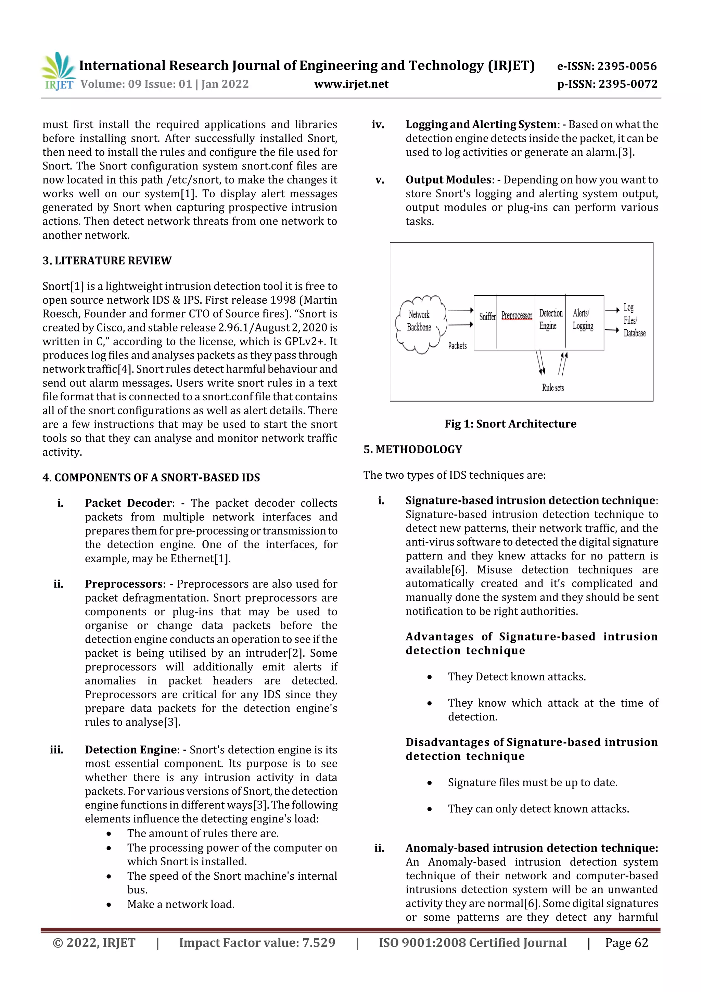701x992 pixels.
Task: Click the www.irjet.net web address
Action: coord(351,84)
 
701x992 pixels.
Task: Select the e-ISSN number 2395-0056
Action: coord(607,66)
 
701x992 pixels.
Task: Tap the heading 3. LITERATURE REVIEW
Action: coord(107,261)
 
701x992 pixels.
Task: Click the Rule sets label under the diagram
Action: coord(553,388)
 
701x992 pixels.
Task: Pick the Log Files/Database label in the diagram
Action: coord(633,320)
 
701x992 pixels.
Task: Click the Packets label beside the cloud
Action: coord(457,346)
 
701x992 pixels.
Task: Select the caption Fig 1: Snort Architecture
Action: coord(511,424)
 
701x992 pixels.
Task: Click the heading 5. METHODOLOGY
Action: coord(413,449)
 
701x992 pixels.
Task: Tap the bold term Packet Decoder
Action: coord(128,503)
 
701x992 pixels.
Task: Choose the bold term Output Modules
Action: coord(448,180)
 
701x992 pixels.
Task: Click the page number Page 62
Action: coord(626,942)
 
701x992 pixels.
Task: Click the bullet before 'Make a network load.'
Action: coord(109,904)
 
